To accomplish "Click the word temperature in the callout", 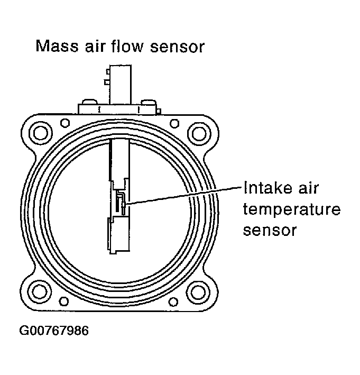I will click(291, 211).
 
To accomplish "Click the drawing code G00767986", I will click(54, 331).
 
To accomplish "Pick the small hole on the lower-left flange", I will click(64, 301).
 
